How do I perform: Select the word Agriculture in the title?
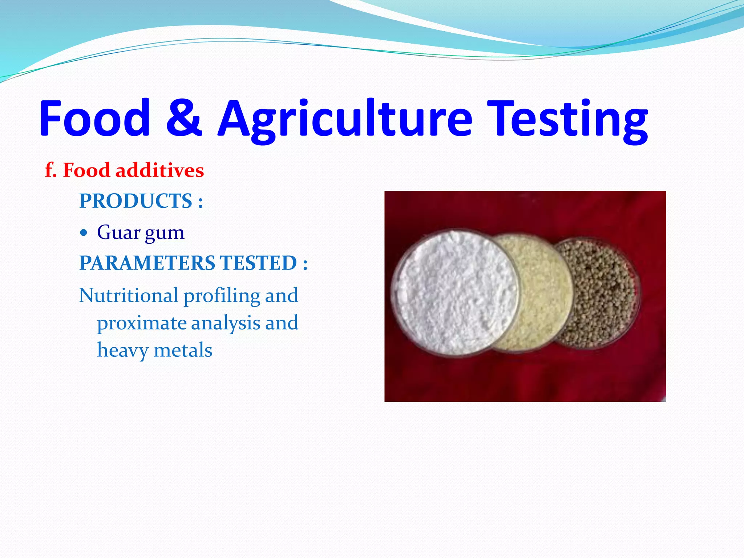[x=345, y=120]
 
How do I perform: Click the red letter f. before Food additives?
[x=50, y=170]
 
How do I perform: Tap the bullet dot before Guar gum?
[x=84, y=232]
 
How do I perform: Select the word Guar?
[x=118, y=232]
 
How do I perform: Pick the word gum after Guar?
[x=165, y=234]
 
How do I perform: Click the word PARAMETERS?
[x=147, y=263]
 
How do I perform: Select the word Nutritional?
[x=129, y=295]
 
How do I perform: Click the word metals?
[x=183, y=350]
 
